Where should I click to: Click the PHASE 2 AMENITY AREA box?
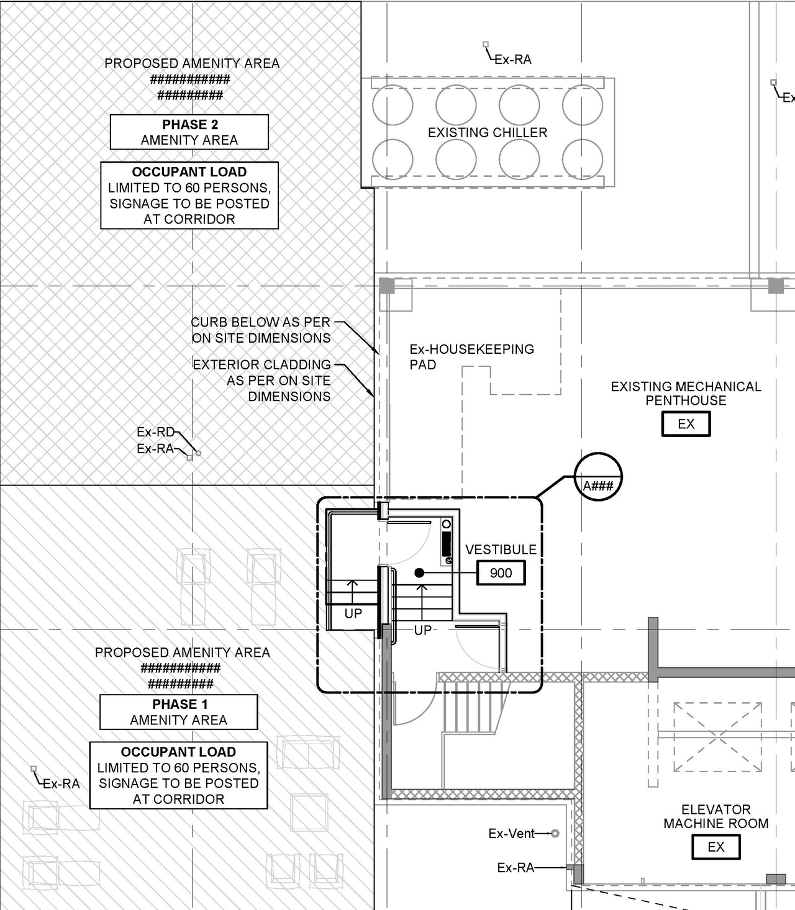pos(189,132)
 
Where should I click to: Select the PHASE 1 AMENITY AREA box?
pos(179,712)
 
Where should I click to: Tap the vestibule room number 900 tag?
pos(501,573)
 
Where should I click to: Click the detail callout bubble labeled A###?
pos(597,477)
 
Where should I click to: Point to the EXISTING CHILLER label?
pos(488,132)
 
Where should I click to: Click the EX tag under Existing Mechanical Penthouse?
pos(686,424)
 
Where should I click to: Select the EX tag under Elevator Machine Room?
pos(715,847)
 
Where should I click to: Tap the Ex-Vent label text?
pos(511,834)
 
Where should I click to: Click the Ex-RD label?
pos(155,432)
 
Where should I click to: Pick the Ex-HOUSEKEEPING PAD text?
pos(471,356)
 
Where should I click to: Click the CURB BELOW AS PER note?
pos(261,330)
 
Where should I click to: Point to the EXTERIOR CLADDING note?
pos(261,380)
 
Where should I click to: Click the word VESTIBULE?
pos(501,549)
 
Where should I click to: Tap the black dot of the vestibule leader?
pos(419,573)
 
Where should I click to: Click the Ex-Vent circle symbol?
pos(555,833)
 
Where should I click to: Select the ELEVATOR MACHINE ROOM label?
pos(715,816)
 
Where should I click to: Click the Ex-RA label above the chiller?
pos(512,60)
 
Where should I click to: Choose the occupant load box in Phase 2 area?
pos(189,196)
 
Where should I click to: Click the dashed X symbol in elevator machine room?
pos(717,737)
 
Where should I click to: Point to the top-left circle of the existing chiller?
pos(393,105)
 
